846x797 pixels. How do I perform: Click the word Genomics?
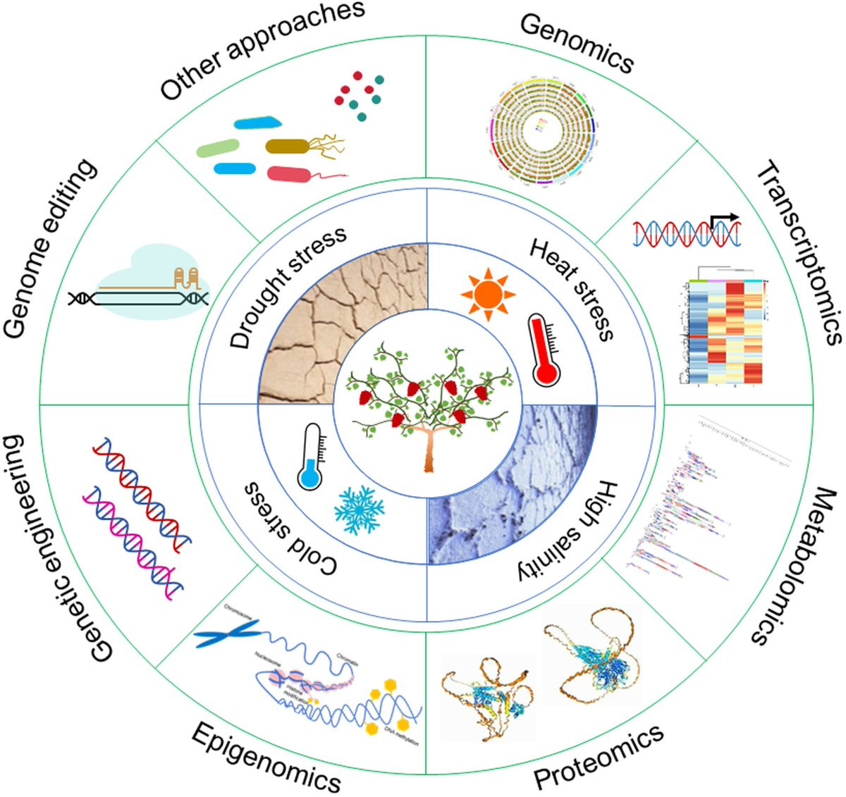(577, 43)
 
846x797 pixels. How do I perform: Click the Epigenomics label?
(266, 757)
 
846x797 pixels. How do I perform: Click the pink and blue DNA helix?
(134, 539)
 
